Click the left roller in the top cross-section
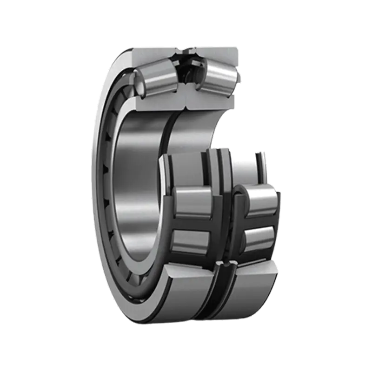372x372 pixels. [x=156, y=78]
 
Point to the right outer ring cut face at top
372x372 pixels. [x=219, y=53]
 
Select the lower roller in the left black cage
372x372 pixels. [x=191, y=242]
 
